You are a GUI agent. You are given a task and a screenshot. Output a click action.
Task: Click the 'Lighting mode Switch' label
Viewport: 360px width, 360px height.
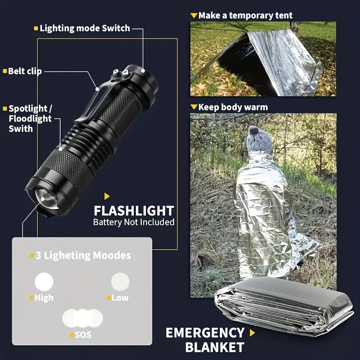85,28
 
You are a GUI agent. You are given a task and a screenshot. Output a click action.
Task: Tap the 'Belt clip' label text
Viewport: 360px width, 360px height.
25,71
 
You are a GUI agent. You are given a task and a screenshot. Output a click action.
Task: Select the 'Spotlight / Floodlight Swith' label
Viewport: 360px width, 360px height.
31,118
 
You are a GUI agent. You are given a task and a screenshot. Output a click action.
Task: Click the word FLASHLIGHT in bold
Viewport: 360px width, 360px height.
134,211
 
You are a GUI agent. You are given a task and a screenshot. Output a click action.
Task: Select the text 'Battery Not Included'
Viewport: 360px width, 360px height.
134,222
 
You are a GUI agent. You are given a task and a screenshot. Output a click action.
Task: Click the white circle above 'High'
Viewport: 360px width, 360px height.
44,282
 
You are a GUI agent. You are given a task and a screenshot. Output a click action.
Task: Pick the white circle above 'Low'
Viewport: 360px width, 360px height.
120,282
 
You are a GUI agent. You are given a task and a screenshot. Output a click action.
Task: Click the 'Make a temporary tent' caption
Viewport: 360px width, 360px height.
245,15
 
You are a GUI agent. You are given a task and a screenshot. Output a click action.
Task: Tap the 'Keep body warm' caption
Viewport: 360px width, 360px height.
233,107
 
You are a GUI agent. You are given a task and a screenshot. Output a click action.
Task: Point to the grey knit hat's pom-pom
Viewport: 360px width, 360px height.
254,132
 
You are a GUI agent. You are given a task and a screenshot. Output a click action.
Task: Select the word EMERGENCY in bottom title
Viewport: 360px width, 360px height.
205,333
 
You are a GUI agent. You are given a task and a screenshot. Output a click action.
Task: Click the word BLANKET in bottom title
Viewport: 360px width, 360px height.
215,347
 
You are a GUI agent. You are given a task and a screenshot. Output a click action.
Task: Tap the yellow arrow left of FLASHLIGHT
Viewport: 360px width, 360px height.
107,196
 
